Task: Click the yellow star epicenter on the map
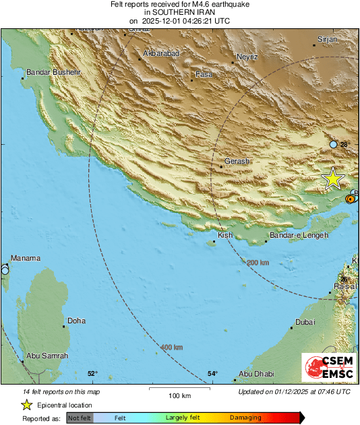(333, 178)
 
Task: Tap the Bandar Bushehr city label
(53, 72)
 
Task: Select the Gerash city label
(237, 161)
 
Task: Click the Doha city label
(76, 321)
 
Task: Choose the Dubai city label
(305, 322)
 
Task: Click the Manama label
(26, 258)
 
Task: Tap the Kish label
(226, 235)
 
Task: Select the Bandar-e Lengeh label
(299, 235)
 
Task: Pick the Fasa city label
(203, 74)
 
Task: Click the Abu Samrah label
(47, 356)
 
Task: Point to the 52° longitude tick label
(92, 374)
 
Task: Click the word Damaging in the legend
(245, 418)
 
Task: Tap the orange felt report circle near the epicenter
(350, 199)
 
